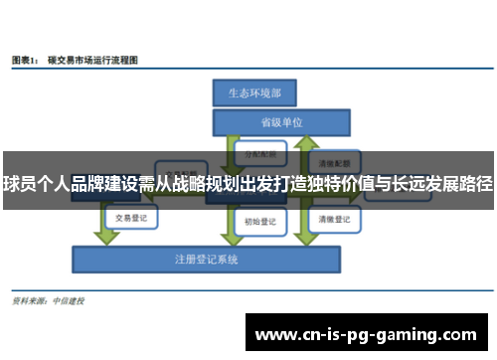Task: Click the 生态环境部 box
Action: click(x=248, y=92)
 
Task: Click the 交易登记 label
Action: click(x=131, y=217)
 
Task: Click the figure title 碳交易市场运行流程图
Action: click(x=95, y=61)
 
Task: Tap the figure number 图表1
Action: click(x=25, y=61)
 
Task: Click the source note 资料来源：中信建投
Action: click(x=47, y=300)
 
